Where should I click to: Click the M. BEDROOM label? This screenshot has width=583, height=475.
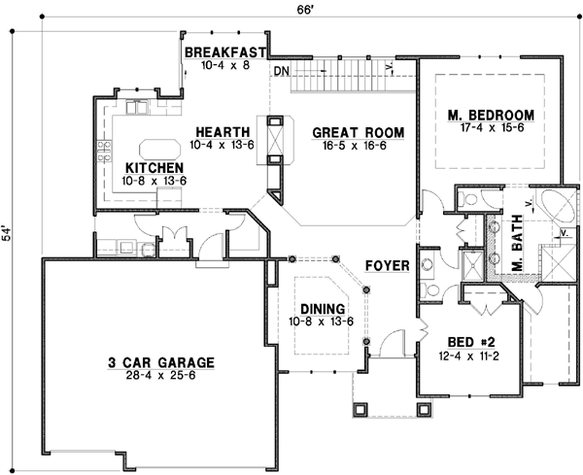pos(491,116)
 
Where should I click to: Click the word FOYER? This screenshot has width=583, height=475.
pos(385,264)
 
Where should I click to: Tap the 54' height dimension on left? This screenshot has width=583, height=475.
pos(10,238)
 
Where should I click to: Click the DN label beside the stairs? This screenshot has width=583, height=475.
pos(281,72)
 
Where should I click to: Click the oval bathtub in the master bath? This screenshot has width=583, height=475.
pos(556,209)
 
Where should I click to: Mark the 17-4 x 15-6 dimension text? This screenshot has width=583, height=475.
pos(491,129)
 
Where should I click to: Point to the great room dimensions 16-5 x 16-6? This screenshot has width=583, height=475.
pos(351,146)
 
